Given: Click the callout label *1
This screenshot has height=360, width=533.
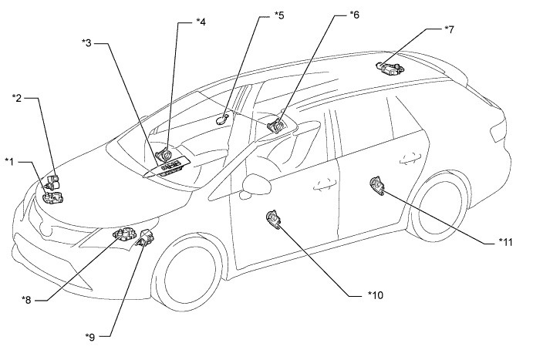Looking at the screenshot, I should pyautogui.click(x=10, y=160).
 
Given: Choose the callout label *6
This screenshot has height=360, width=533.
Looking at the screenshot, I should pyautogui.click(x=354, y=14).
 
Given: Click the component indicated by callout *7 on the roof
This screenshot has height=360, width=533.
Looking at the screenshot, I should pyautogui.click(x=390, y=68).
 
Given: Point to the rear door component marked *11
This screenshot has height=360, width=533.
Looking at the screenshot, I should pyautogui.click(x=376, y=185).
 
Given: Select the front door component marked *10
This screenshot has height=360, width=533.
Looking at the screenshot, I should pyautogui.click(x=274, y=220).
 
